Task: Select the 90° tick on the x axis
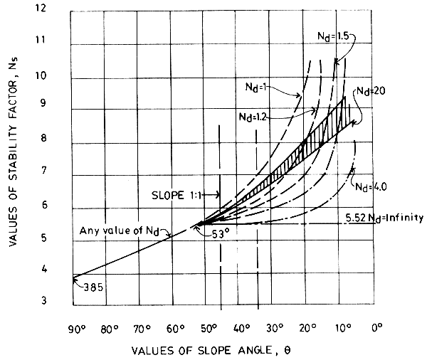(x=73, y=329)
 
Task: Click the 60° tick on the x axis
(x=174, y=329)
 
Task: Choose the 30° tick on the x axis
(x=275, y=329)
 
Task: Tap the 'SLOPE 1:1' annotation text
(x=176, y=194)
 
